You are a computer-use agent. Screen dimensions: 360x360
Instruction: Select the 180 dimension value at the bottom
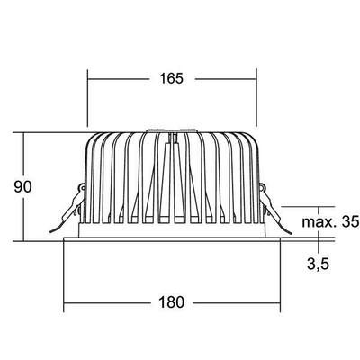[175, 302]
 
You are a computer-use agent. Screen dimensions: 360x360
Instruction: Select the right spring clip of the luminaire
[274, 205]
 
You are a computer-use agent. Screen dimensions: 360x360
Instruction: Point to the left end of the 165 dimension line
[87, 78]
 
